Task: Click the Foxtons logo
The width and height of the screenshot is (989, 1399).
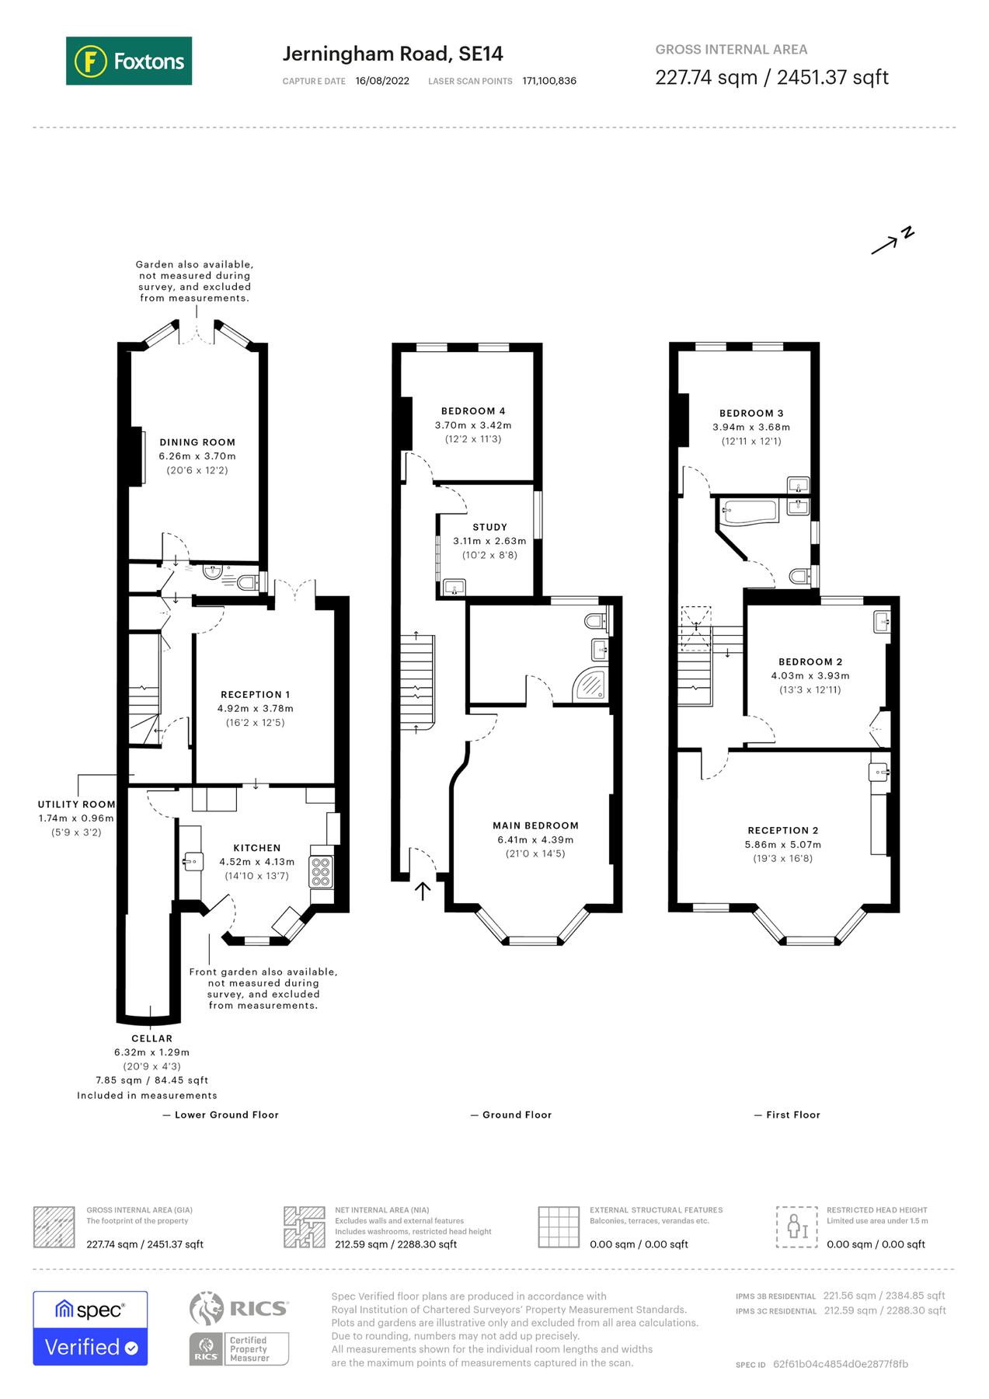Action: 129,61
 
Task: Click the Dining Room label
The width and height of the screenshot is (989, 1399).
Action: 197,442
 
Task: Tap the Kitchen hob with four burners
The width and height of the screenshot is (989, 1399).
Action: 321,871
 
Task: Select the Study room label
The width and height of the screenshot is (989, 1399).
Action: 489,527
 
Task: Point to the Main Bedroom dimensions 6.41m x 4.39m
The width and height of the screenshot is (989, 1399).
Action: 535,839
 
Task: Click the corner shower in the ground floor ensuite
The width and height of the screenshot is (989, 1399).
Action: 590,686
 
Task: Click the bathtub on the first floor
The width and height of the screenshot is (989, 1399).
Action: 750,511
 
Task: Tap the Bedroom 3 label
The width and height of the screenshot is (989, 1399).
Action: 751,413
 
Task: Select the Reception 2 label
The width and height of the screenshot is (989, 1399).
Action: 782,830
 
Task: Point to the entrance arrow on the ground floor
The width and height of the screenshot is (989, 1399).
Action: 423,891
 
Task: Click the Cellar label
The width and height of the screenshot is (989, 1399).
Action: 151,1038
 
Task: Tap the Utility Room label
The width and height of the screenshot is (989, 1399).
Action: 76,804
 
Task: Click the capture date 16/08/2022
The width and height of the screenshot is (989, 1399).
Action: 382,81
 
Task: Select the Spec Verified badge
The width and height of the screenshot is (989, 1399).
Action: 90,1328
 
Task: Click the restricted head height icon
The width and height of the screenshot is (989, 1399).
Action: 796,1227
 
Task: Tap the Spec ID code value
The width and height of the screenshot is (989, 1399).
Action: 840,1364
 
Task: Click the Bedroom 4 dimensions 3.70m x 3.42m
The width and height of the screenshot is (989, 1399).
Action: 473,425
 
